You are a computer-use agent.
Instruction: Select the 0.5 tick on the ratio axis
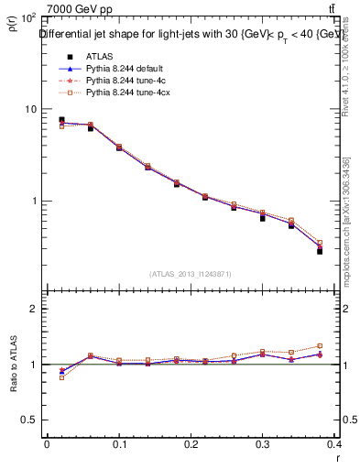(x=30, y=420)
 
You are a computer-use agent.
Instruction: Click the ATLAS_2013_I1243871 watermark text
(x=191, y=274)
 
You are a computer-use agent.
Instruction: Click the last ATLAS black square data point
(x=320, y=250)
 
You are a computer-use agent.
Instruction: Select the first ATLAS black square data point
(x=61, y=120)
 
